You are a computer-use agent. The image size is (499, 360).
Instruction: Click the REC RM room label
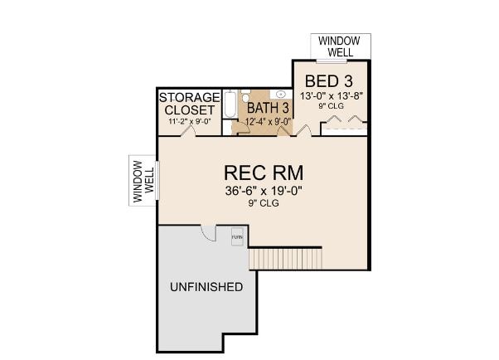point(264,173)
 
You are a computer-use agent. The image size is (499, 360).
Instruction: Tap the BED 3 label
point(329,81)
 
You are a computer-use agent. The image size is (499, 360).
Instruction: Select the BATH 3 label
point(268,108)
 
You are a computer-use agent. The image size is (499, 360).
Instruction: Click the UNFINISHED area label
point(206,287)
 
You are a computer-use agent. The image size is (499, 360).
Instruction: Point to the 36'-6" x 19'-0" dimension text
point(264,191)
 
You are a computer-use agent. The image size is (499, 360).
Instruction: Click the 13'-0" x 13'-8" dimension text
point(332,96)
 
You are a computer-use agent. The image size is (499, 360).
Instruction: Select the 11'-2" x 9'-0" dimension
point(190,121)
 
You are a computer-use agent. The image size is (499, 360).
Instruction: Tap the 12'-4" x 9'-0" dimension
point(269,122)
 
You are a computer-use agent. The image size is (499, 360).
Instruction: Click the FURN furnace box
point(237,236)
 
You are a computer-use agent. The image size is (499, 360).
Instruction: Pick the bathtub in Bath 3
point(230,105)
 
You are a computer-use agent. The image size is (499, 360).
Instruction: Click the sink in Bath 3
point(281,94)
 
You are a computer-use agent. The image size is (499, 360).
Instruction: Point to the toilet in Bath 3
point(245,96)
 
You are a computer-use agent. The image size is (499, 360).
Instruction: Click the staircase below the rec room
point(285,259)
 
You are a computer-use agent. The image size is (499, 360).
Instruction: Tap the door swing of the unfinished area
point(208,234)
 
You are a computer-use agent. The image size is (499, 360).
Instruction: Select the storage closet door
point(188,131)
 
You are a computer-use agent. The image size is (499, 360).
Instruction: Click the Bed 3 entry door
point(304,130)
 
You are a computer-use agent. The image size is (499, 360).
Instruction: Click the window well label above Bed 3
point(339,46)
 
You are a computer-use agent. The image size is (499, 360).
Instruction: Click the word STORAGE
point(190,97)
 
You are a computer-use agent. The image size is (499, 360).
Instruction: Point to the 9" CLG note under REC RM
point(264,203)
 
